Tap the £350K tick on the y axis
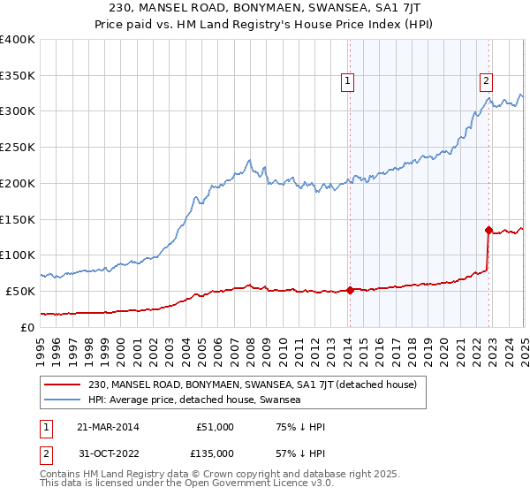(x=18, y=76)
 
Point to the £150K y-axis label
(x=18, y=219)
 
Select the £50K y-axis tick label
(x=21, y=291)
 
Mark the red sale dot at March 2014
(x=350, y=290)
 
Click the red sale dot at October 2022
(x=488, y=230)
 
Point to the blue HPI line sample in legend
(x=64, y=400)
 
